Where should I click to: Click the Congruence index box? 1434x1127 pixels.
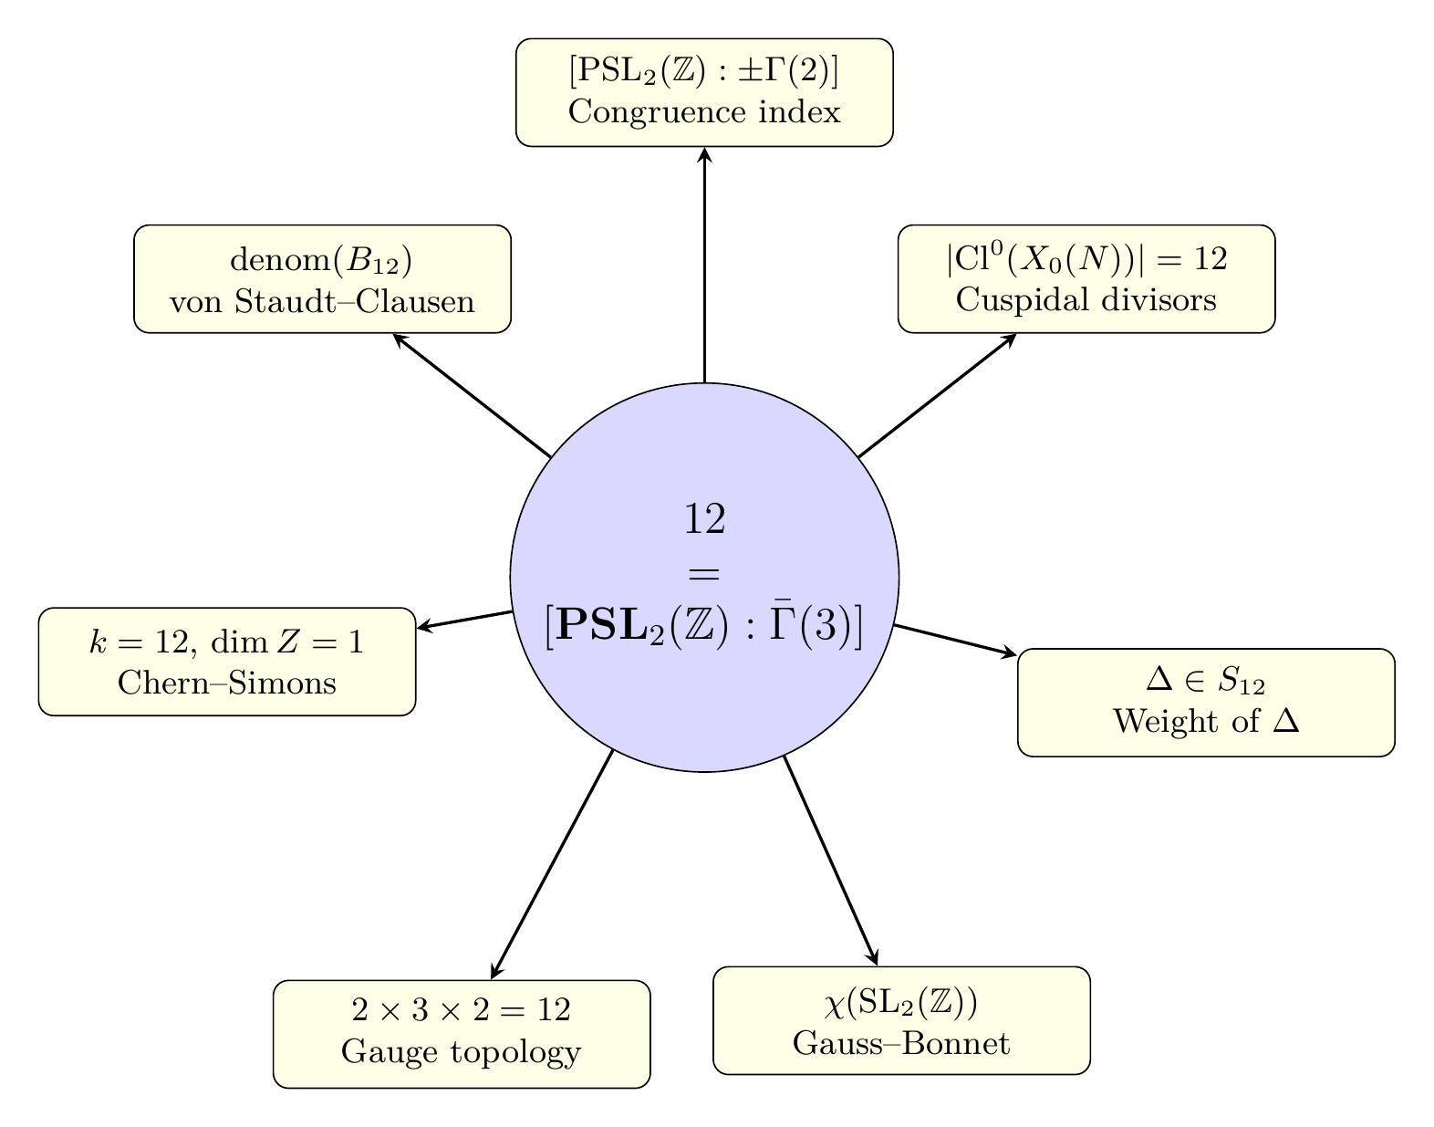pos(703,92)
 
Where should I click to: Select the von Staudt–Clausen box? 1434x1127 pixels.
pos(322,278)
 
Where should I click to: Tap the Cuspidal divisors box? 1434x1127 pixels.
pos(1086,278)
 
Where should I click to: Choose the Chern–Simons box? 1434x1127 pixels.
pos(227,662)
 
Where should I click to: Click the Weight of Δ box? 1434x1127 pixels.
pos(1206,703)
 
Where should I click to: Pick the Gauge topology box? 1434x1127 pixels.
pos(462,1034)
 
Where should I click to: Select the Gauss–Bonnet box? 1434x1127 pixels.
pos(901,1020)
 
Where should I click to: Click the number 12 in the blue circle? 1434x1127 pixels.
pos(704,518)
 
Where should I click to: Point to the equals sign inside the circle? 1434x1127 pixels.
pos(704,575)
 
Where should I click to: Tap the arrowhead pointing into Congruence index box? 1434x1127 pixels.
pos(704,155)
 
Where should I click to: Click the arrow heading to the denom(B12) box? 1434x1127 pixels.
pos(471,394)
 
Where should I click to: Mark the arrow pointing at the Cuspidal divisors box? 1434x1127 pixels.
pos(937,394)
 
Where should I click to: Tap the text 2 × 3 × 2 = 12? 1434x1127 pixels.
pos(462,1010)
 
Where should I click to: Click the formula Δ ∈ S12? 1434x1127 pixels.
pos(1206,680)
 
